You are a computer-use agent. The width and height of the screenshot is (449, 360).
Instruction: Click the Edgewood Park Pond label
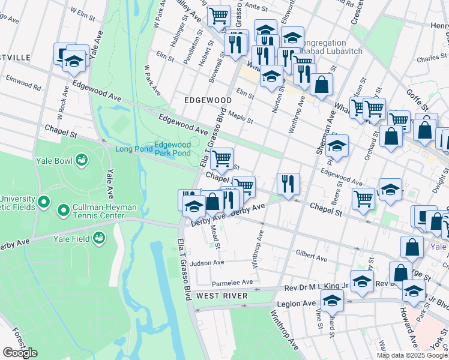[172, 149]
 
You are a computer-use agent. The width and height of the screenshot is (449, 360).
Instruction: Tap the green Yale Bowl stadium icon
[81, 160]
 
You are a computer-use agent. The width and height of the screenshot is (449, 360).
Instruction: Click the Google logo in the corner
[20, 353]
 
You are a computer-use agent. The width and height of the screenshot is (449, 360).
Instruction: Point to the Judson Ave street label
[206, 263]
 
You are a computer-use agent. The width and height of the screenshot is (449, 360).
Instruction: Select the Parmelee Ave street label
[232, 282]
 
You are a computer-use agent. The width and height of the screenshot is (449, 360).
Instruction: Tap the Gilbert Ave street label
[311, 256]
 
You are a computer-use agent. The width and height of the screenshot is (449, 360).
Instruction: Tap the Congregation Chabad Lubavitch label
[314, 47]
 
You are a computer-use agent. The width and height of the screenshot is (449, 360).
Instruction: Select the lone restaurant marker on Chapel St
[288, 184]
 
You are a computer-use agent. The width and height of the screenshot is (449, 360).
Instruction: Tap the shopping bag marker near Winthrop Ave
[322, 85]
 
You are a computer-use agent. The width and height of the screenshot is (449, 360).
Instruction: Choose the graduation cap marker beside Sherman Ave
[337, 146]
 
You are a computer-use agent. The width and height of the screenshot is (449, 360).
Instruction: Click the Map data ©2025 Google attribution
[412, 355]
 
